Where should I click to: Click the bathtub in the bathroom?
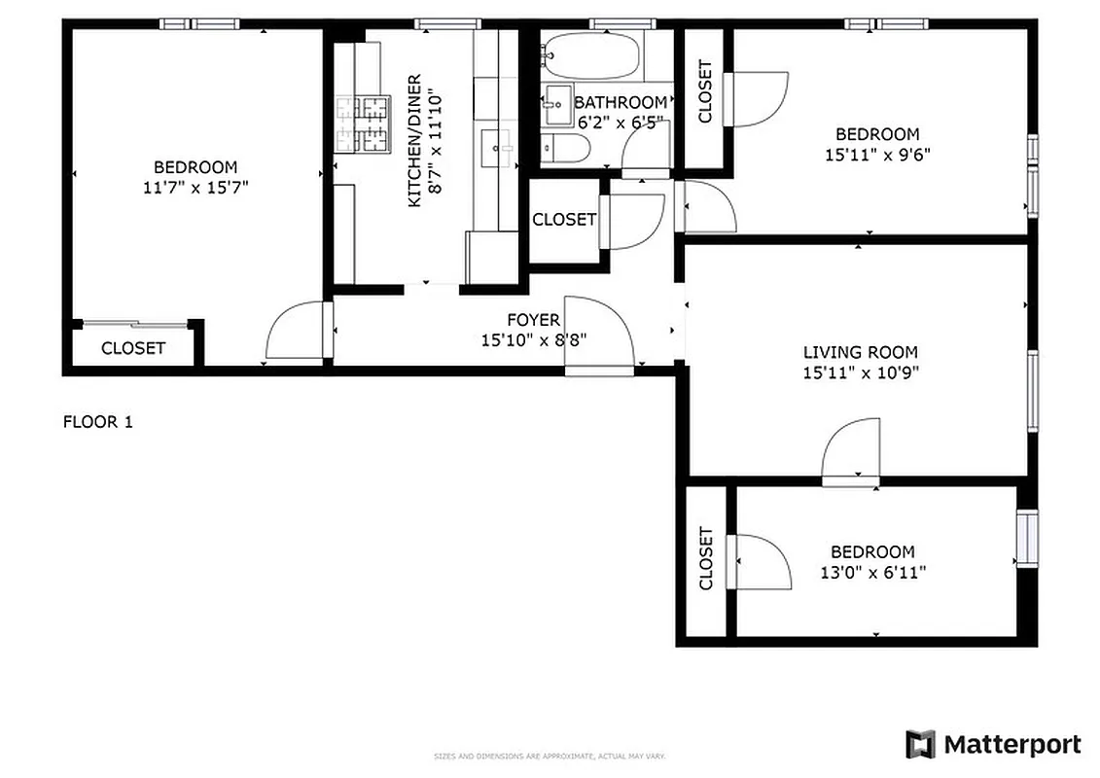coord(591,56)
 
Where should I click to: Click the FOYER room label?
coord(533,320)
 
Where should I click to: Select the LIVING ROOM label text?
coord(859,352)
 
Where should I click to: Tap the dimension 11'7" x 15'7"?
coord(195,187)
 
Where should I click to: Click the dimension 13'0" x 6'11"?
coord(872,572)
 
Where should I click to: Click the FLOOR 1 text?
coord(97,422)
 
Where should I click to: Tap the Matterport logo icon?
coord(920,745)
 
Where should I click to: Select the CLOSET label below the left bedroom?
coord(133,348)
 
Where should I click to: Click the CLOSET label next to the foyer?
coord(563,220)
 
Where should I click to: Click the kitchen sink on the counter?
coord(504,149)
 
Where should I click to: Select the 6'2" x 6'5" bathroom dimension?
coord(621,123)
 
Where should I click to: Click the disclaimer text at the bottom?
coord(549,756)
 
